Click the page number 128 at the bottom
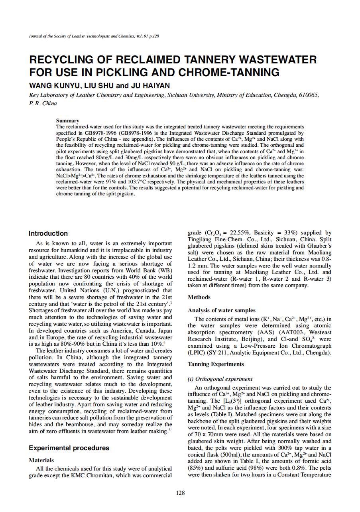pyautogui.click(x=180, y=493)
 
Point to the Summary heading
pyautogui.click(x=67, y=120)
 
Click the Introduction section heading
pyautogui.click(x=48, y=233)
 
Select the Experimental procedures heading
pyautogui.click(x=69, y=448)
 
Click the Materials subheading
pyautogui.click(x=41, y=460)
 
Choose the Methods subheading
pyautogui.click(x=199, y=297)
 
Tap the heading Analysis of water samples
pyautogui.click(x=222, y=310)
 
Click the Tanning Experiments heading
pyautogui.click(x=216, y=364)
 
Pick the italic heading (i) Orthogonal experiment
pyautogui.click(x=220, y=379)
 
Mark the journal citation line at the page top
pyautogui.click(x=94, y=36)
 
